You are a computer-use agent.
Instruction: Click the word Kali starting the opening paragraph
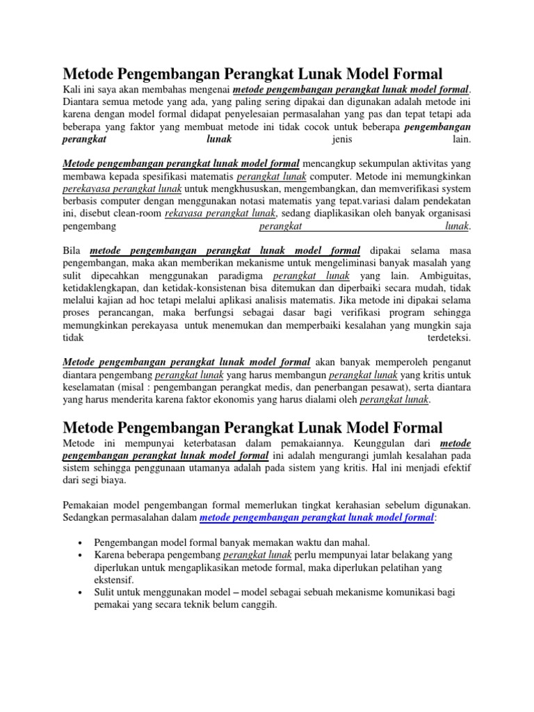(72, 90)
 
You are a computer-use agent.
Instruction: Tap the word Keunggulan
(388, 442)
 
